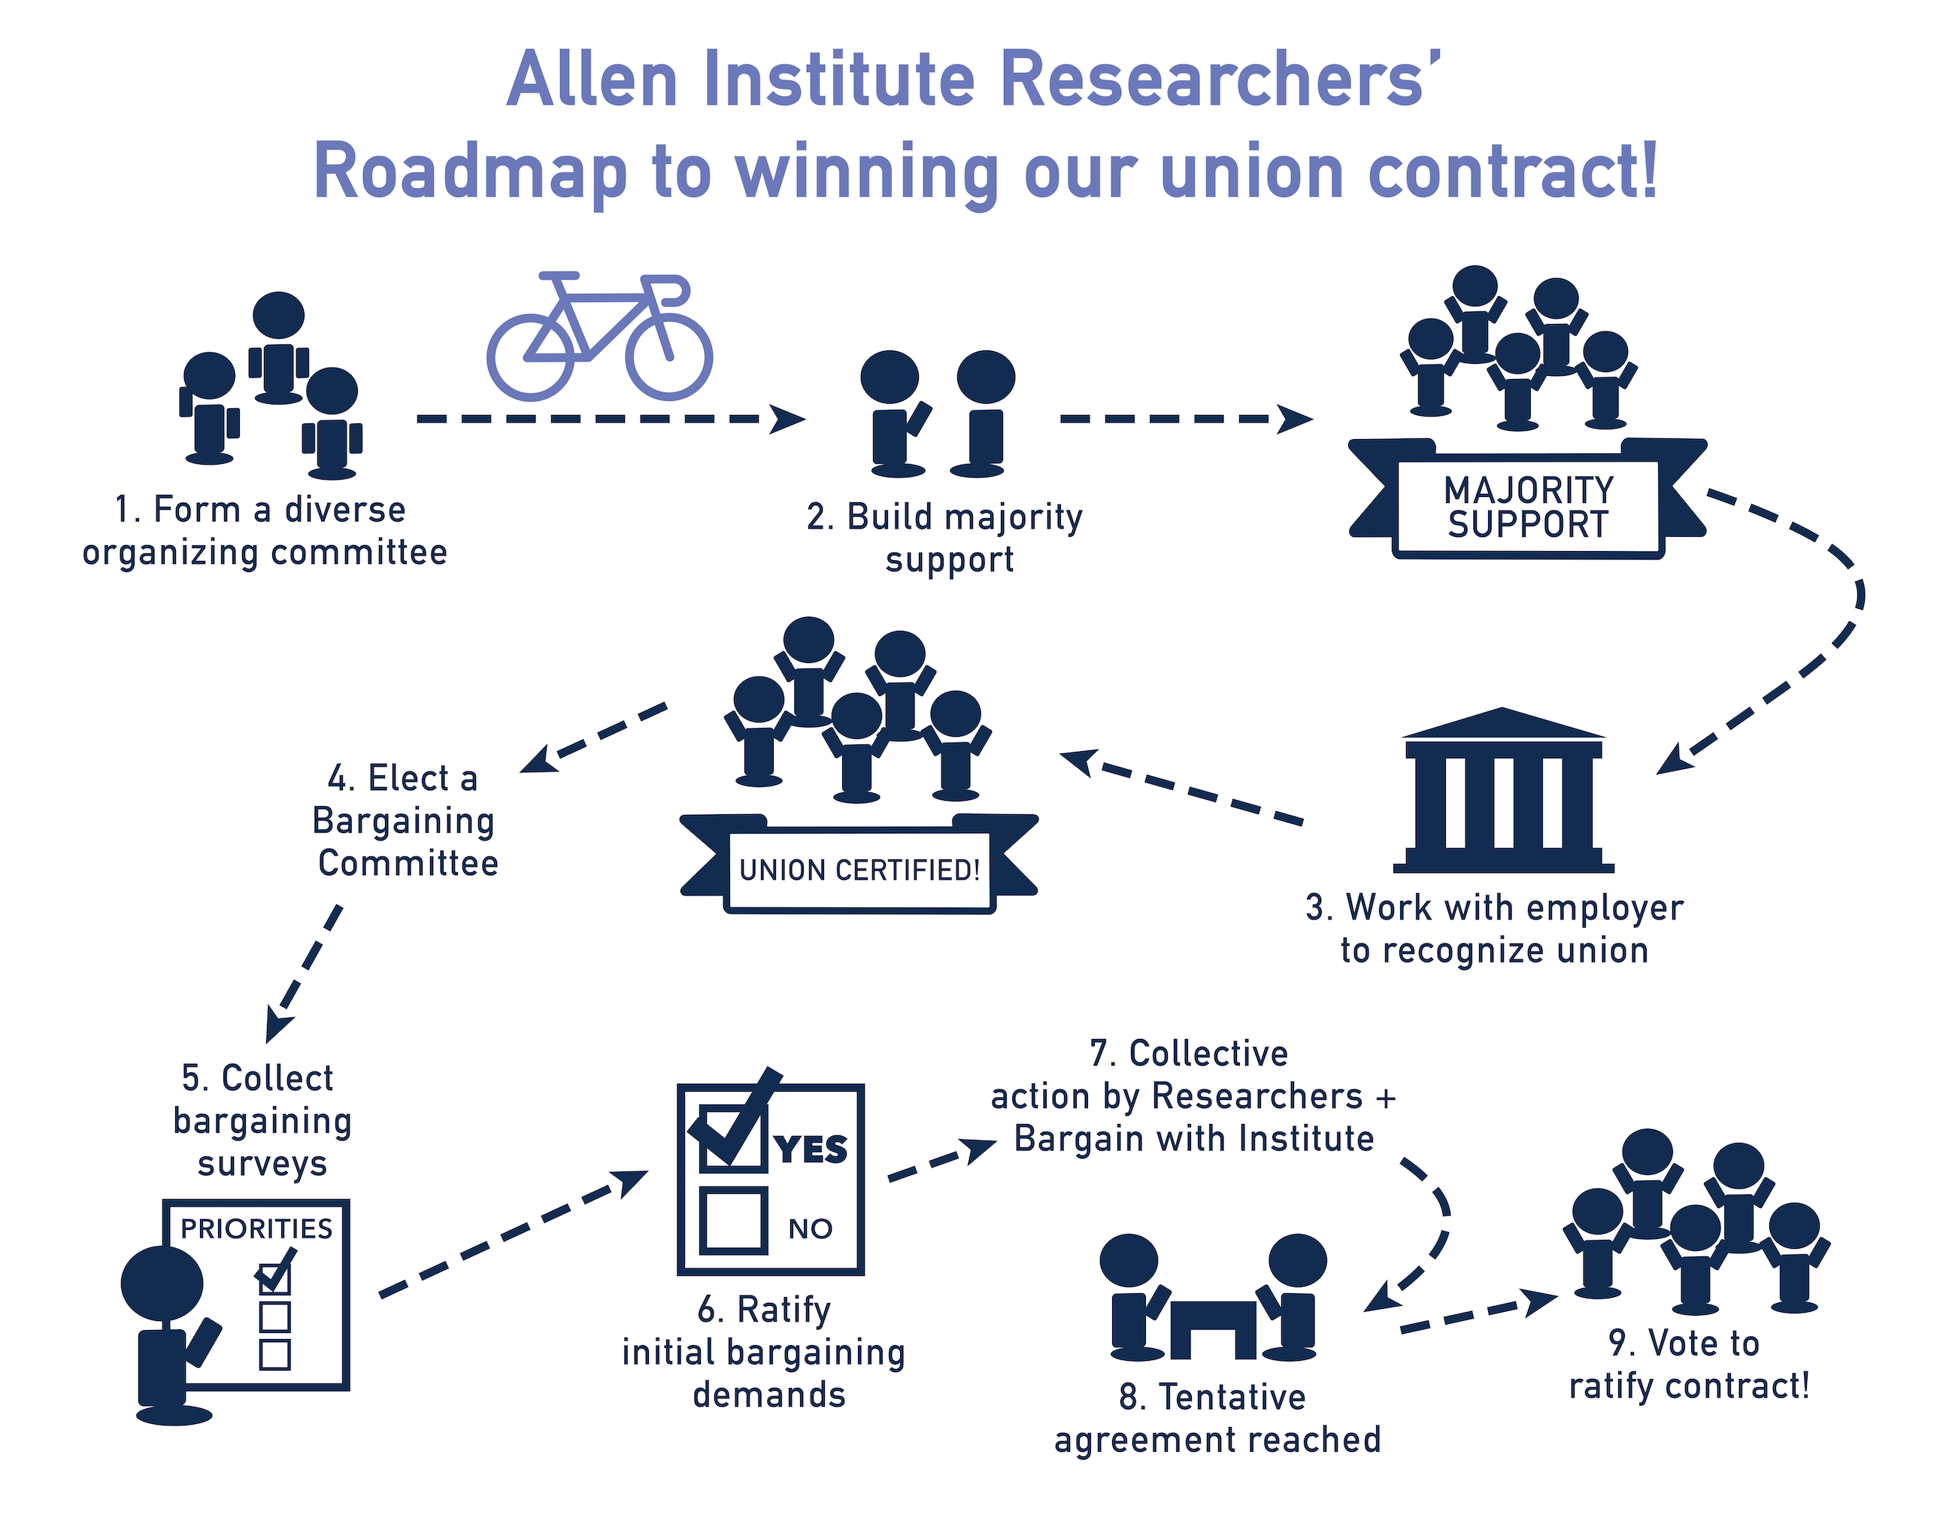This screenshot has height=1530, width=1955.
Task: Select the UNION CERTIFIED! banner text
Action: pyautogui.click(x=859, y=870)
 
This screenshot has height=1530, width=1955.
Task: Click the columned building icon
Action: pyautogui.click(x=1503, y=790)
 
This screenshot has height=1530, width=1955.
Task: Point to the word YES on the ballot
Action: pyautogui.click(x=811, y=1150)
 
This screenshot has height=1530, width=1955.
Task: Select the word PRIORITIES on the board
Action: pyautogui.click(x=256, y=1228)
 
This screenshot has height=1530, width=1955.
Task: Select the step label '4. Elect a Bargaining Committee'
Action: pyautogui.click(x=405, y=820)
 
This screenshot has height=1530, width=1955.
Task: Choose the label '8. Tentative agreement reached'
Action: pyautogui.click(x=1217, y=1418)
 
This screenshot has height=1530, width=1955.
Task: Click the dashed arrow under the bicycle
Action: pyautogui.click(x=611, y=418)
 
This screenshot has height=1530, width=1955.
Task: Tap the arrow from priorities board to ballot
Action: pyautogui.click(x=514, y=1234)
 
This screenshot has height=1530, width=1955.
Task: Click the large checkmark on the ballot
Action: pyautogui.click(x=735, y=1117)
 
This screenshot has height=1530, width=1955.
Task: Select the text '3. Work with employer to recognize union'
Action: pyautogui.click(x=1495, y=929)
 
